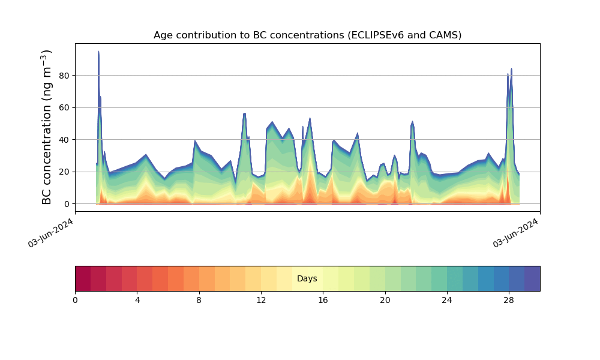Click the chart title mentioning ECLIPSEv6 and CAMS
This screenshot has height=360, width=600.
pyautogui.click(x=307, y=35)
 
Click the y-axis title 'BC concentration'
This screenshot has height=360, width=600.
pyautogui.click(x=46, y=127)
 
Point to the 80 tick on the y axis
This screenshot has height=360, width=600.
pyautogui.click(x=64, y=76)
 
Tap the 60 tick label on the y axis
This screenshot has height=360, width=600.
pyautogui.click(x=64, y=108)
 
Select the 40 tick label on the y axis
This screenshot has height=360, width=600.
pyautogui.click(x=64, y=140)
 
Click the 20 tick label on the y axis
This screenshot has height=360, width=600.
pyautogui.click(x=64, y=172)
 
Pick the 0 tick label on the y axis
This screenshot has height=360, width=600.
pyautogui.click(x=67, y=204)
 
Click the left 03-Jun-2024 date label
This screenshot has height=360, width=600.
pyautogui.click(x=50, y=233)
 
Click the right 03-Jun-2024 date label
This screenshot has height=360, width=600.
pyautogui.click(x=515, y=233)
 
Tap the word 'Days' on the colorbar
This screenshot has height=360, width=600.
pyautogui.click(x=307, y=278)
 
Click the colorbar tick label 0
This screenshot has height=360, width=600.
pyautogui.click(x=75, y=301)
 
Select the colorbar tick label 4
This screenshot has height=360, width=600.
pyautogui.click(x=137, y=301)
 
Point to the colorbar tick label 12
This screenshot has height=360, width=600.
pyautogui.click(x=261, y=301)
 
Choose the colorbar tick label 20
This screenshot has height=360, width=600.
pyautogui.click(x=385, y=301)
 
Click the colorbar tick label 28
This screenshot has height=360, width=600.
pyautogui.click(x=509, y=301)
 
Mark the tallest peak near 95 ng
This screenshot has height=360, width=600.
pyautogui.click(x=98, y=51)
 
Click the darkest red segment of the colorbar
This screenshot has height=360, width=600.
pyautogui.click(x=83, y=278)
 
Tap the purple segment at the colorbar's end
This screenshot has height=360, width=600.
pyautogui.click(x=532, y=278)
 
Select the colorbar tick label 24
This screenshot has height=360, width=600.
pyautogui.click(x=446, y=301)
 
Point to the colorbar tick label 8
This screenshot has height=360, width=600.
pyautogui.click(x=199, y=301)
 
